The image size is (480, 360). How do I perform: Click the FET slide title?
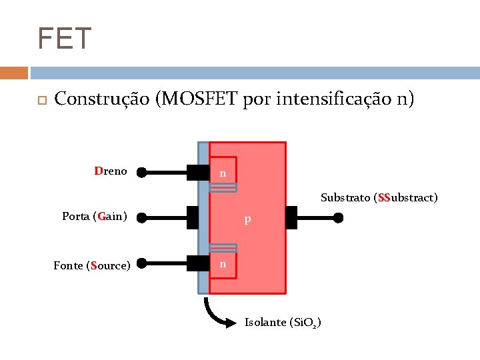(x=65, y=39)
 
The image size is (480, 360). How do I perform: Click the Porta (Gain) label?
(x=95, y=216)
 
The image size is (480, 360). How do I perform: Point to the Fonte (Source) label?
(x=91, y=265)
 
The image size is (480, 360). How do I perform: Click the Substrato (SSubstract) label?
(x=379, y=197)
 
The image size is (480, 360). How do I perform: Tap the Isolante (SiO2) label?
(x=283, y=323)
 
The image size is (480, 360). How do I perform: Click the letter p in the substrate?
(x=247, y=219)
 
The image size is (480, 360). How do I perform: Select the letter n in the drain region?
(x=223, y=173)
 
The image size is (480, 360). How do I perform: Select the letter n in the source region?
(x=223, y=264)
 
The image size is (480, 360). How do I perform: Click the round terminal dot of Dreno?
(x=141, y=173)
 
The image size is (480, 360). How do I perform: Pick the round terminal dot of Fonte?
(x=141, y=265)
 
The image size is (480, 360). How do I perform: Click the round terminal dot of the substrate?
(x=339, y=217)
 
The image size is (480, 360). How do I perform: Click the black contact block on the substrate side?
(x=291, y=217)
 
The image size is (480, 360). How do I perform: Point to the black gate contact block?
(x=193, y=217)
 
